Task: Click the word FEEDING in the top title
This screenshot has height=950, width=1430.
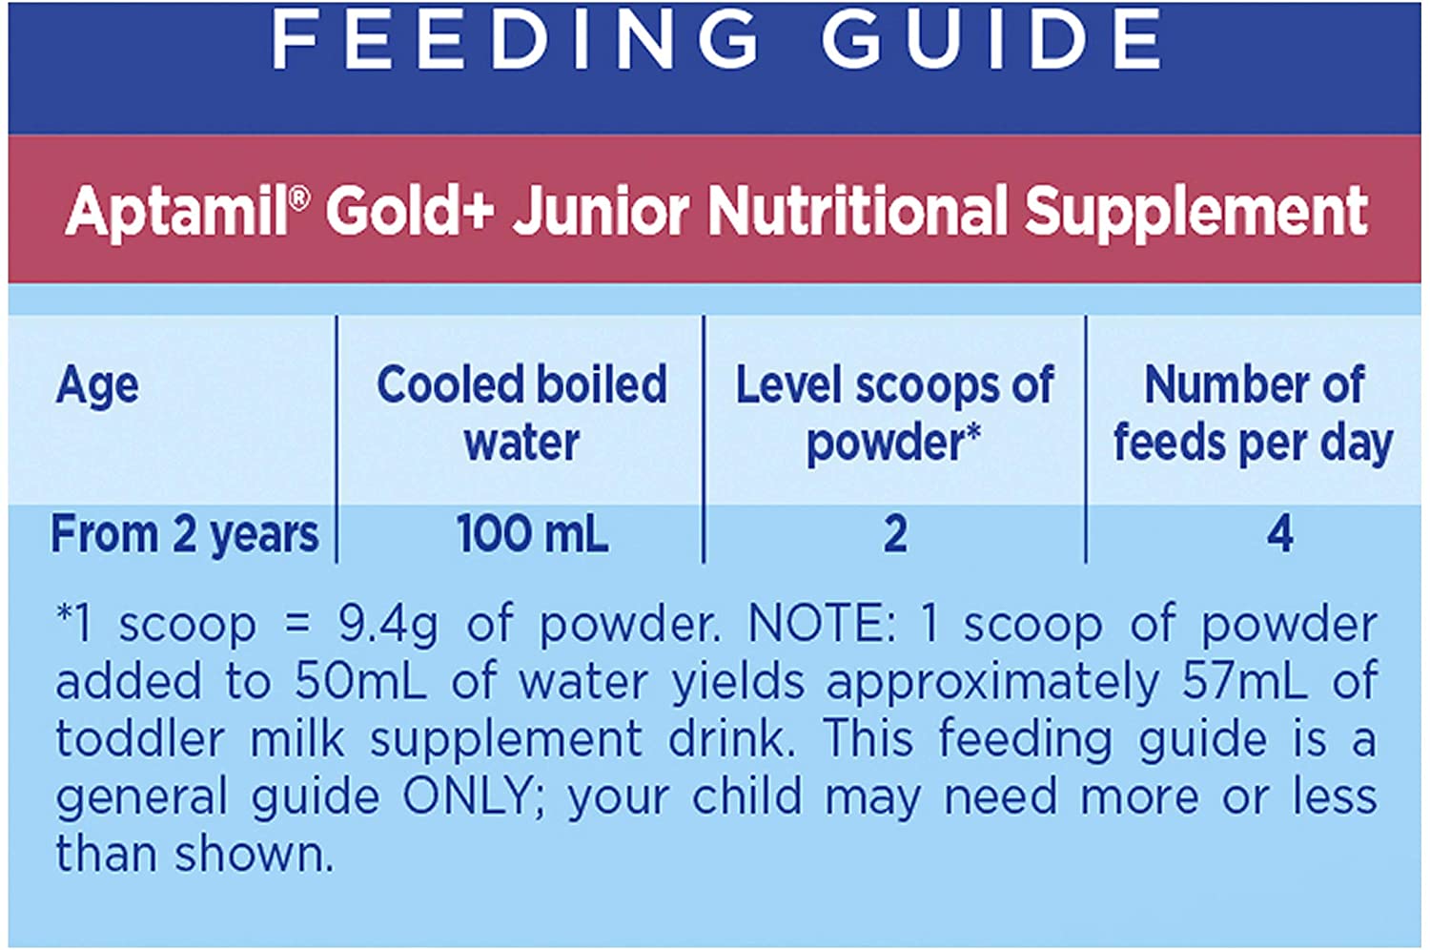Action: [516, 39]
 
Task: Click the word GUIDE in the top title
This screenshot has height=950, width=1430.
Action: [991, 39]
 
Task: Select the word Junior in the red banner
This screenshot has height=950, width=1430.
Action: [601, 211]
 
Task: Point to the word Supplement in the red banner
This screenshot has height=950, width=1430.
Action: [1195, 211]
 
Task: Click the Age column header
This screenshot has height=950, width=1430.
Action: [97, 386]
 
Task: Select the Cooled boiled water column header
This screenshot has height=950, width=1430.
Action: [521, 413]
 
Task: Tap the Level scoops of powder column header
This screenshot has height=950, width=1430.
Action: [894, 413]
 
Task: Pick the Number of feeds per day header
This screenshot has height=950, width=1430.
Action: [1253, 413]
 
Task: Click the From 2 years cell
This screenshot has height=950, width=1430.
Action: [184, 534]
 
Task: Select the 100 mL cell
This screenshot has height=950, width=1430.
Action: [532, 534]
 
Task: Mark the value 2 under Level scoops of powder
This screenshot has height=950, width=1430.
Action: [895, 534]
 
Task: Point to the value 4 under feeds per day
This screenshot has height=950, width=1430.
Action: [1279, 534]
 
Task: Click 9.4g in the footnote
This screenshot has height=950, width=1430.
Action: [388, 626]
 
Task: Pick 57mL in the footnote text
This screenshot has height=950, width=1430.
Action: [1245, 682]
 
